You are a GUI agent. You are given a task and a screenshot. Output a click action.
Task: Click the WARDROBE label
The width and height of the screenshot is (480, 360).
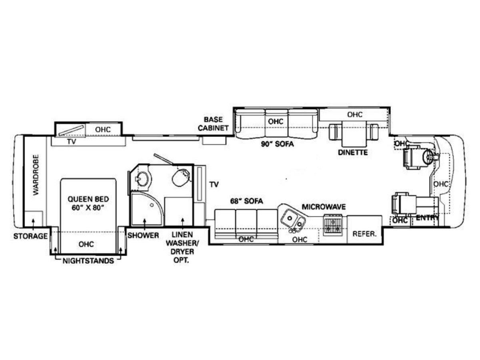[x=36, y=175]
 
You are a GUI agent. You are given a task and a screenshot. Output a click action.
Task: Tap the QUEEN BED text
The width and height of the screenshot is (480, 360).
[x=88, y=199]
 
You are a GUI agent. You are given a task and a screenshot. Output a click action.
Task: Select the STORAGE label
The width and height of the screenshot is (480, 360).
[x=30, y=236]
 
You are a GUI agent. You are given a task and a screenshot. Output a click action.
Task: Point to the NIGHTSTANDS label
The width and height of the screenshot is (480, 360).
[x=88, y=261]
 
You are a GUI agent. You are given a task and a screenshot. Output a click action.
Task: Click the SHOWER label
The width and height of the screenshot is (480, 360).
[x=143, y=236]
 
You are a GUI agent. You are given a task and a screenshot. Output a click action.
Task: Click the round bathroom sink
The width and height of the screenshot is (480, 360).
[x=143, y=179]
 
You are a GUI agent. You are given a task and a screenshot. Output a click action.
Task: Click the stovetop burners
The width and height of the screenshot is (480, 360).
[x=333, y=226]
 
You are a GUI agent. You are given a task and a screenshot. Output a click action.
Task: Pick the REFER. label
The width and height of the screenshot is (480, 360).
[x=364, y=234]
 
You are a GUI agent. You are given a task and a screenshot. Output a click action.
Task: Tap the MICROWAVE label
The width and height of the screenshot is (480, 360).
[x=324, y=207]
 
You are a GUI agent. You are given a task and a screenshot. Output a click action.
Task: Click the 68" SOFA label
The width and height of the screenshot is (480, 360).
[x=247, y=201]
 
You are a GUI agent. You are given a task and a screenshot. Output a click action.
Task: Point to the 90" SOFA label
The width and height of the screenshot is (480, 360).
[x=277, y=144]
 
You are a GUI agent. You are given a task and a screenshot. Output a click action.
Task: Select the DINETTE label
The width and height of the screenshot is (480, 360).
[x=353, y=152]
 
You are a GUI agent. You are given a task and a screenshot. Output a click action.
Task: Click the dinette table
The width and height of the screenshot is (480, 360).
[x=354, y=134]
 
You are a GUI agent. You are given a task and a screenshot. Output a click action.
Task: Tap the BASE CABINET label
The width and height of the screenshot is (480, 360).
[x=213, y=124]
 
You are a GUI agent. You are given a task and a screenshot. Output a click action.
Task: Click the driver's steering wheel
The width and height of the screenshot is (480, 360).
[x=428, y=157]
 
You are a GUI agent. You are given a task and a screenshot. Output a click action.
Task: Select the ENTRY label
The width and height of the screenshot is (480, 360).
[x=427, y=218]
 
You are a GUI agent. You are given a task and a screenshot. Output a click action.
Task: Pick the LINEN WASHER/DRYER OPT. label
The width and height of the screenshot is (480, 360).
[x=182, y=248]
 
